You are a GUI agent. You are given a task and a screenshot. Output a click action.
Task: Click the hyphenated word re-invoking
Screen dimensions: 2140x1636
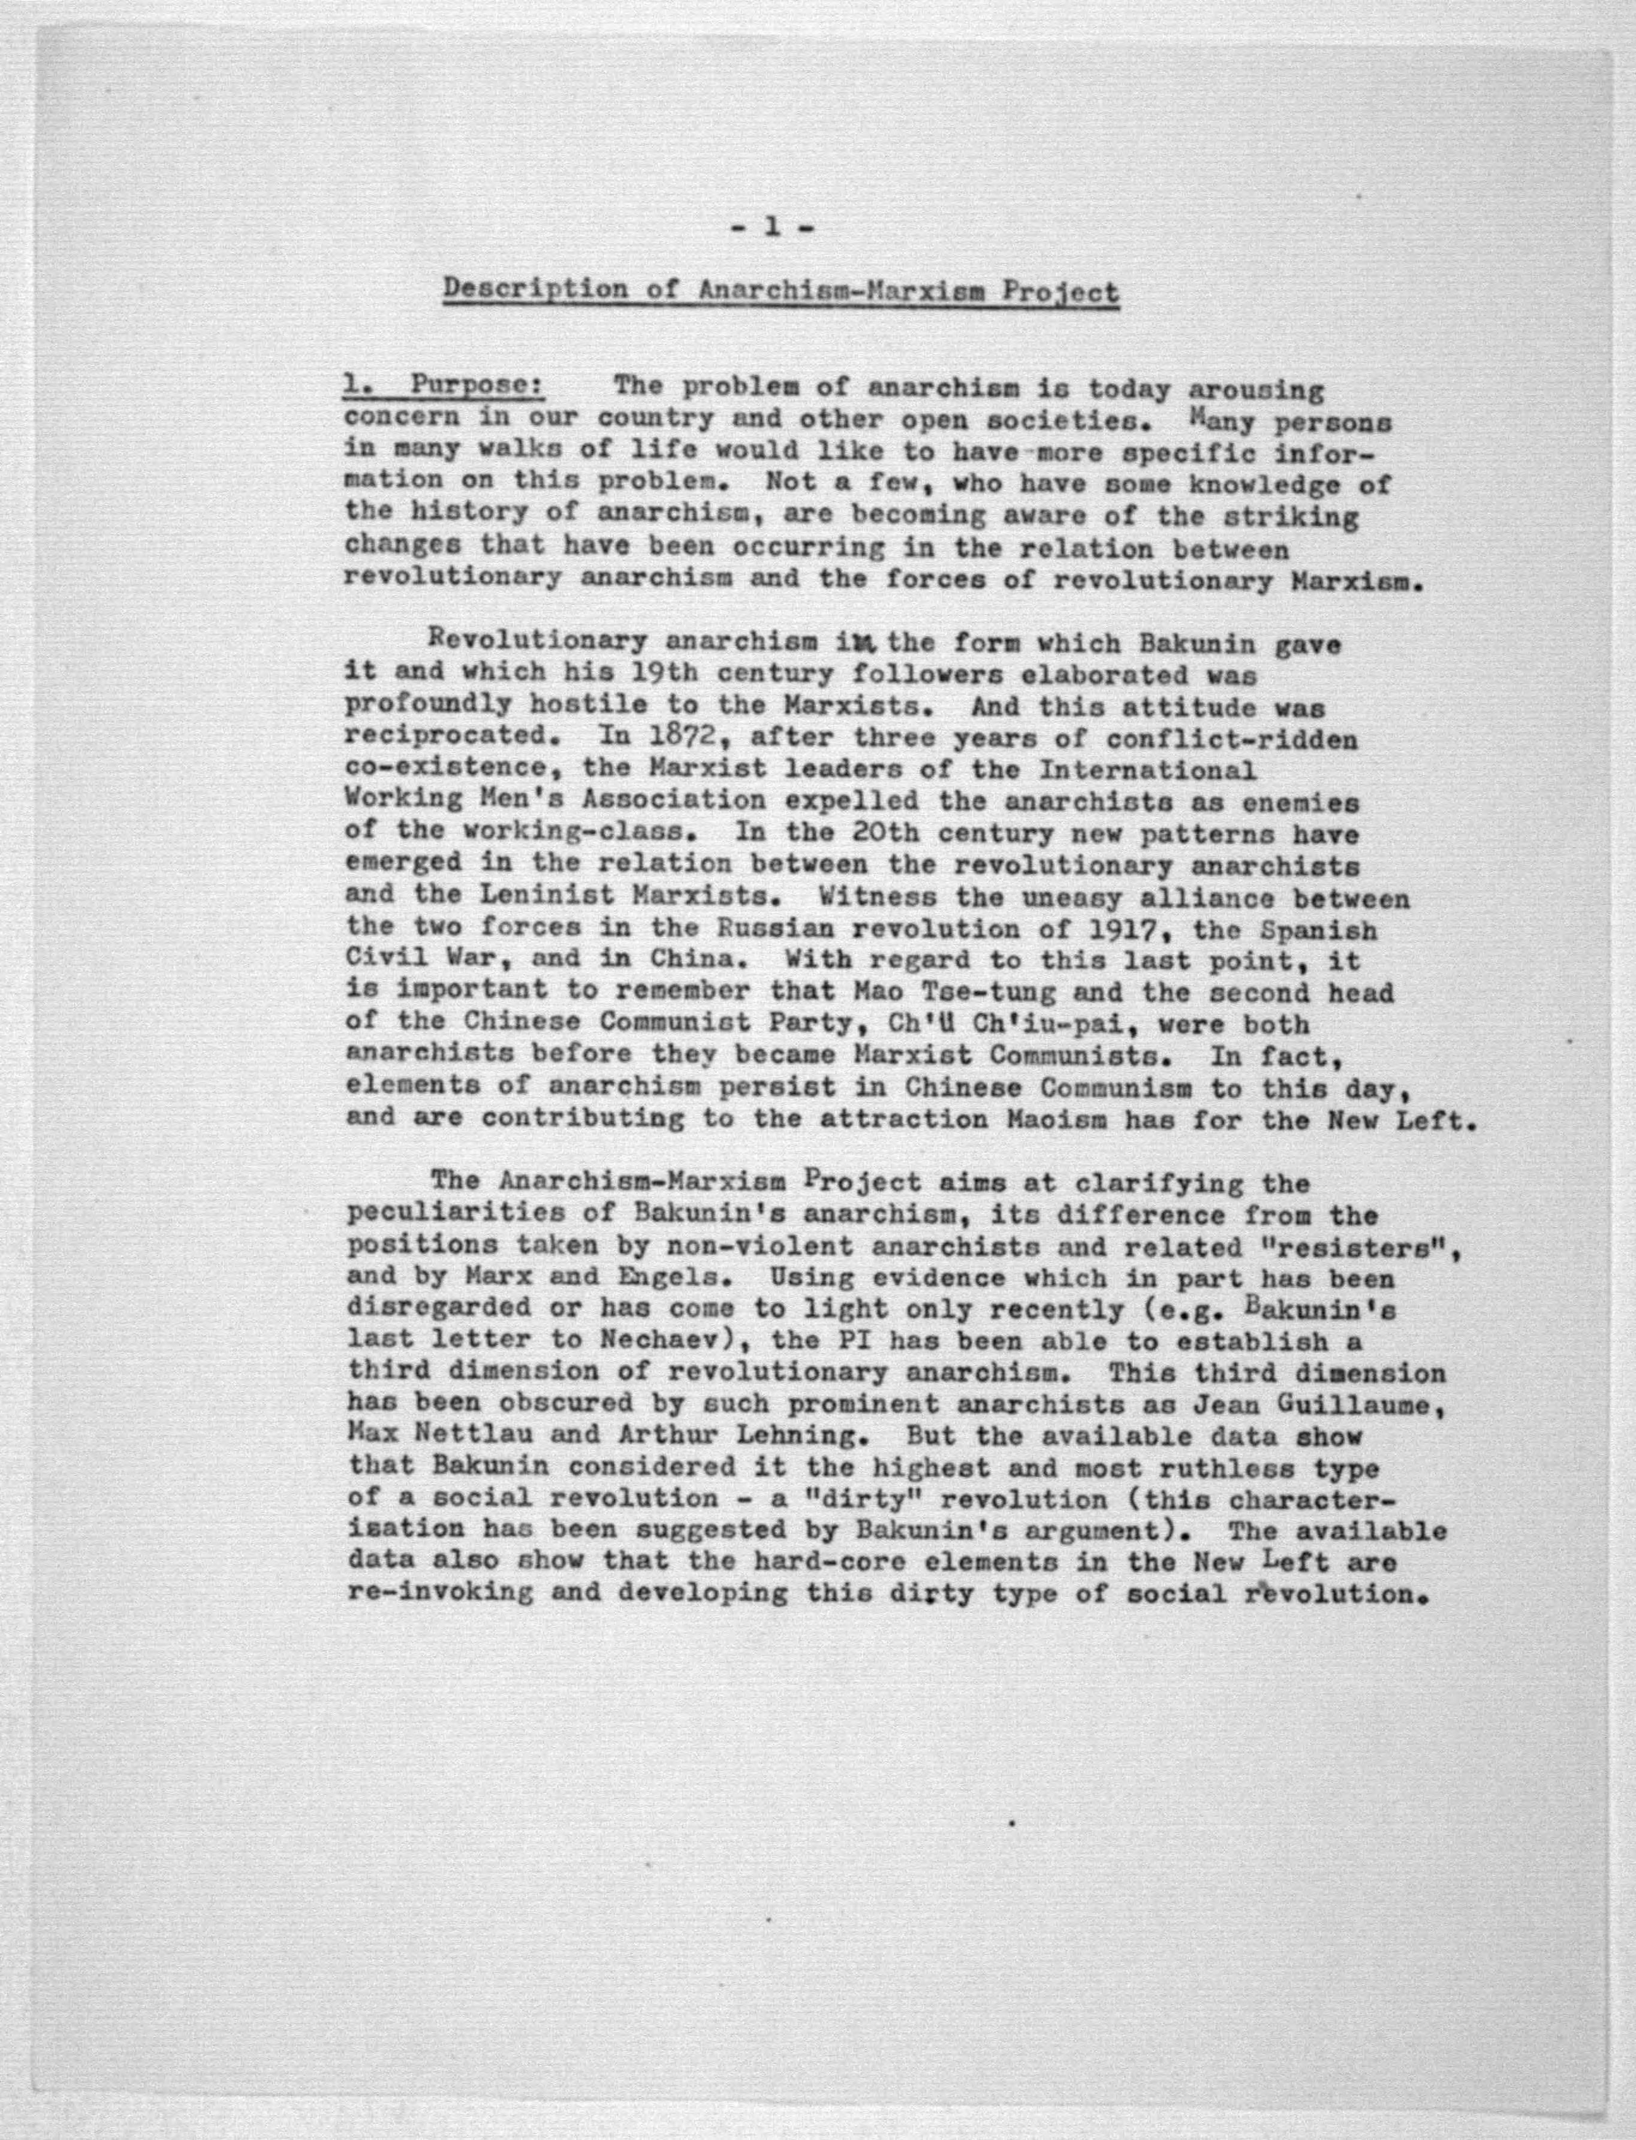coord(439,1595)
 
